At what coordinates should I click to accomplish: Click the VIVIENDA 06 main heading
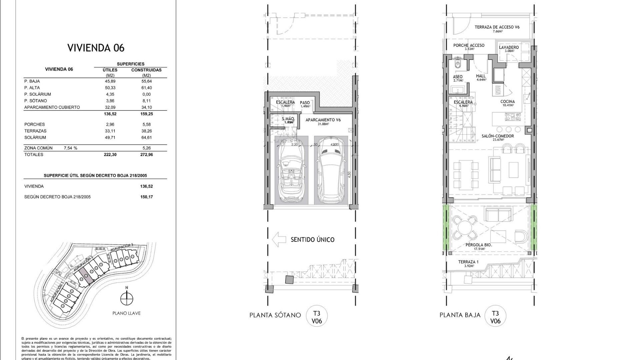(96, 48)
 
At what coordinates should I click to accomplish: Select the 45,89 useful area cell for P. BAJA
(110, 81)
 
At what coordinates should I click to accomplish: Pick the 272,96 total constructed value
(147, 155)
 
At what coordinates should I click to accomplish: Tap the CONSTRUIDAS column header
(146, 70)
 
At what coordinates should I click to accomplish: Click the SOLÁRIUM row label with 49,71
(35, 138)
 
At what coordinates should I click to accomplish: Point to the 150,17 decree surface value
(147, 197)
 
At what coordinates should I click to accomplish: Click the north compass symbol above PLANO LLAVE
(126, 298)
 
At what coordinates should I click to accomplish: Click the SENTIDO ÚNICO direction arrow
(279, 239)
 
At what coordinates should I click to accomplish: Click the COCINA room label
(507, 102)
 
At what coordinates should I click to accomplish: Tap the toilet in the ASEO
(458, 65)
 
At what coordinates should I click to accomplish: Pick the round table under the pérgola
(465, 227)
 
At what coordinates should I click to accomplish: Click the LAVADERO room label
(509, 48)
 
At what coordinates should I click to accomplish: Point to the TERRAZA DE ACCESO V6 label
(497, 27)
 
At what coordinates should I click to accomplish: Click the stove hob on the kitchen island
(513, 117)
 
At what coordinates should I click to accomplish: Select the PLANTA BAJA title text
(460, 315)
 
